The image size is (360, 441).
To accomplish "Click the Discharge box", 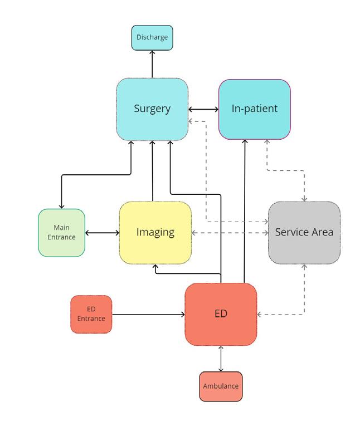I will (x=152, y=38).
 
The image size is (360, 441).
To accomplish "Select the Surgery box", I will (x=152, y=109).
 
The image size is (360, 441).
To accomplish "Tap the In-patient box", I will (x=254, y=109).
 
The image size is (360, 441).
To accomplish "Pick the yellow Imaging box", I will (x=155, y=232).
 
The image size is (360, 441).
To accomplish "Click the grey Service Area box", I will (x=304, y=232).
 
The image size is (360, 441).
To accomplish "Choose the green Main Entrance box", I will (x=62, y=233).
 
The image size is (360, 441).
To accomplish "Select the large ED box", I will (x=221, y=314).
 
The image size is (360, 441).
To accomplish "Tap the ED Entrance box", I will (x=91, y=314).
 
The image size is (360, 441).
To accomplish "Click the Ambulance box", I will (x=221, y=386).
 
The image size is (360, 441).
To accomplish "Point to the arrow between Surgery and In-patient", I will (x=203, y=109).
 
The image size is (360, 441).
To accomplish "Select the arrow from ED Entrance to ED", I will (x=148, y=315).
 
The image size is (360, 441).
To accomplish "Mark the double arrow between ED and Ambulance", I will (x=221, y=359).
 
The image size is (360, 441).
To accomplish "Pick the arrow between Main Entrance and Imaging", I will (x=102, y=233).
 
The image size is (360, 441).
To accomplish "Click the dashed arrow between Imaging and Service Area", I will (x=230, y=233).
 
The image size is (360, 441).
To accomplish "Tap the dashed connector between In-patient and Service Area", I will (x=286, y=170).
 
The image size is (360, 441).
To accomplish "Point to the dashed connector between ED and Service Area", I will (x=304, y=295).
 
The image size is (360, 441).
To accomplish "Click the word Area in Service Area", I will (x=322, y=232).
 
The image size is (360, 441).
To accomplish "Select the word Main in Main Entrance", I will (x=61, y=228).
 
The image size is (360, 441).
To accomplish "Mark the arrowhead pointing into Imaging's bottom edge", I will (x=156, y=267).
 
